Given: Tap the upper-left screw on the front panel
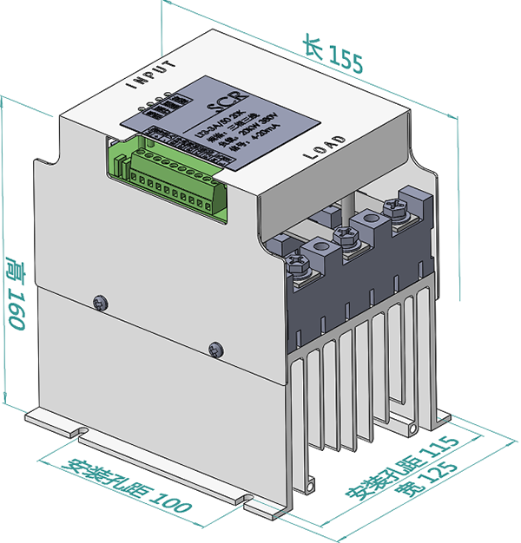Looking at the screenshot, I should pyautogui.click(x=101, y=301).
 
